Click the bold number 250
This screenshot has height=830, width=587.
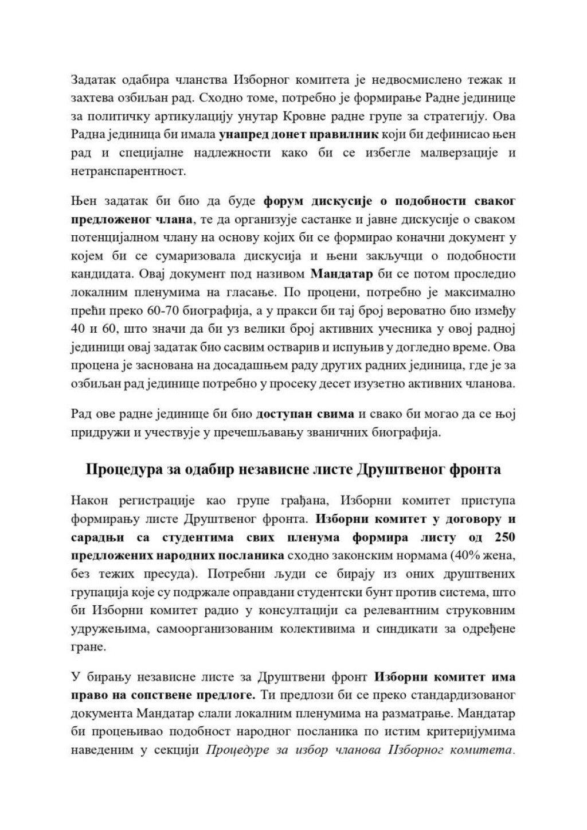[x=504, y=537]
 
